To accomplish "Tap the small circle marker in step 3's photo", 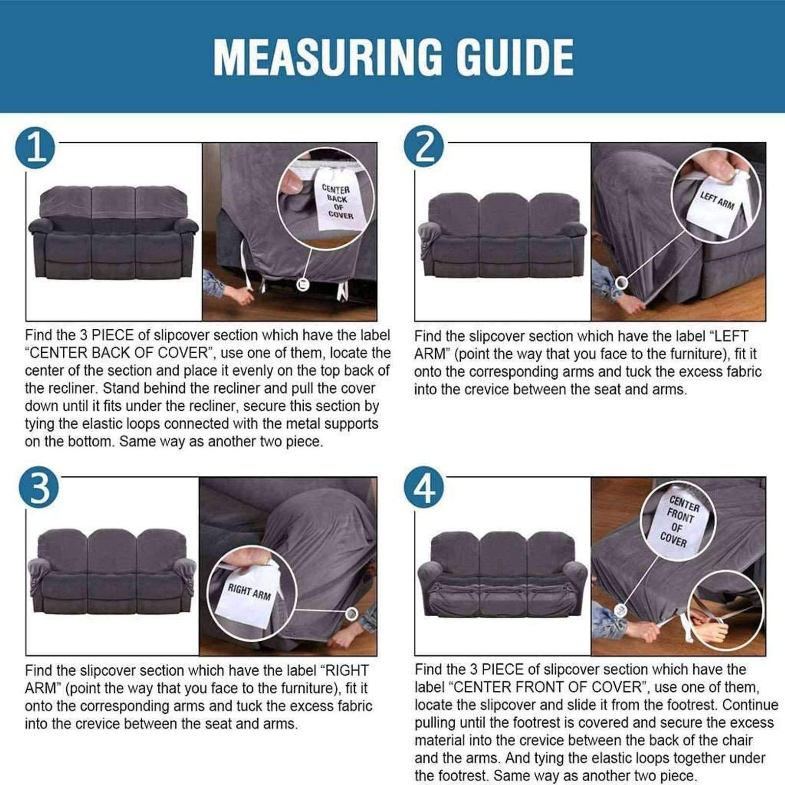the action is [x=351, y=613].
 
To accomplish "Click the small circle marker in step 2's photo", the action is [x=622, y=282].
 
